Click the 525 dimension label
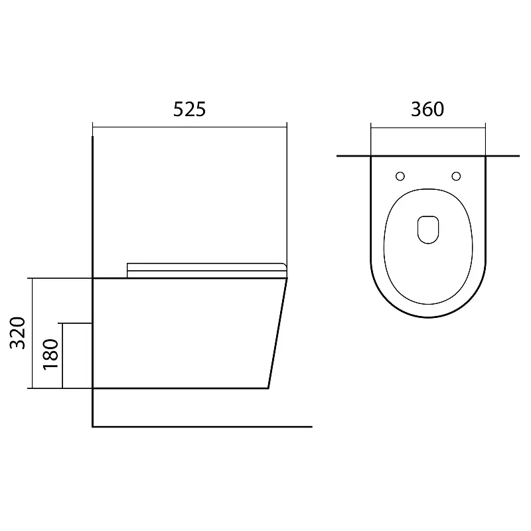pos(189,109)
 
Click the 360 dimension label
pos(427,109)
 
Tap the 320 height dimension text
pos(18,333)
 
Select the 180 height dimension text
pos(51,354)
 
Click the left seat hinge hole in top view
pos(400,176)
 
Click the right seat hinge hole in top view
pos(456,176)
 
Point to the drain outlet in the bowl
pos(428,230)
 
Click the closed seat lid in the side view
pos(206,270)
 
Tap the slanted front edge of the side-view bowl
pos(277,333)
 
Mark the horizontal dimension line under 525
pos(190,127)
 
